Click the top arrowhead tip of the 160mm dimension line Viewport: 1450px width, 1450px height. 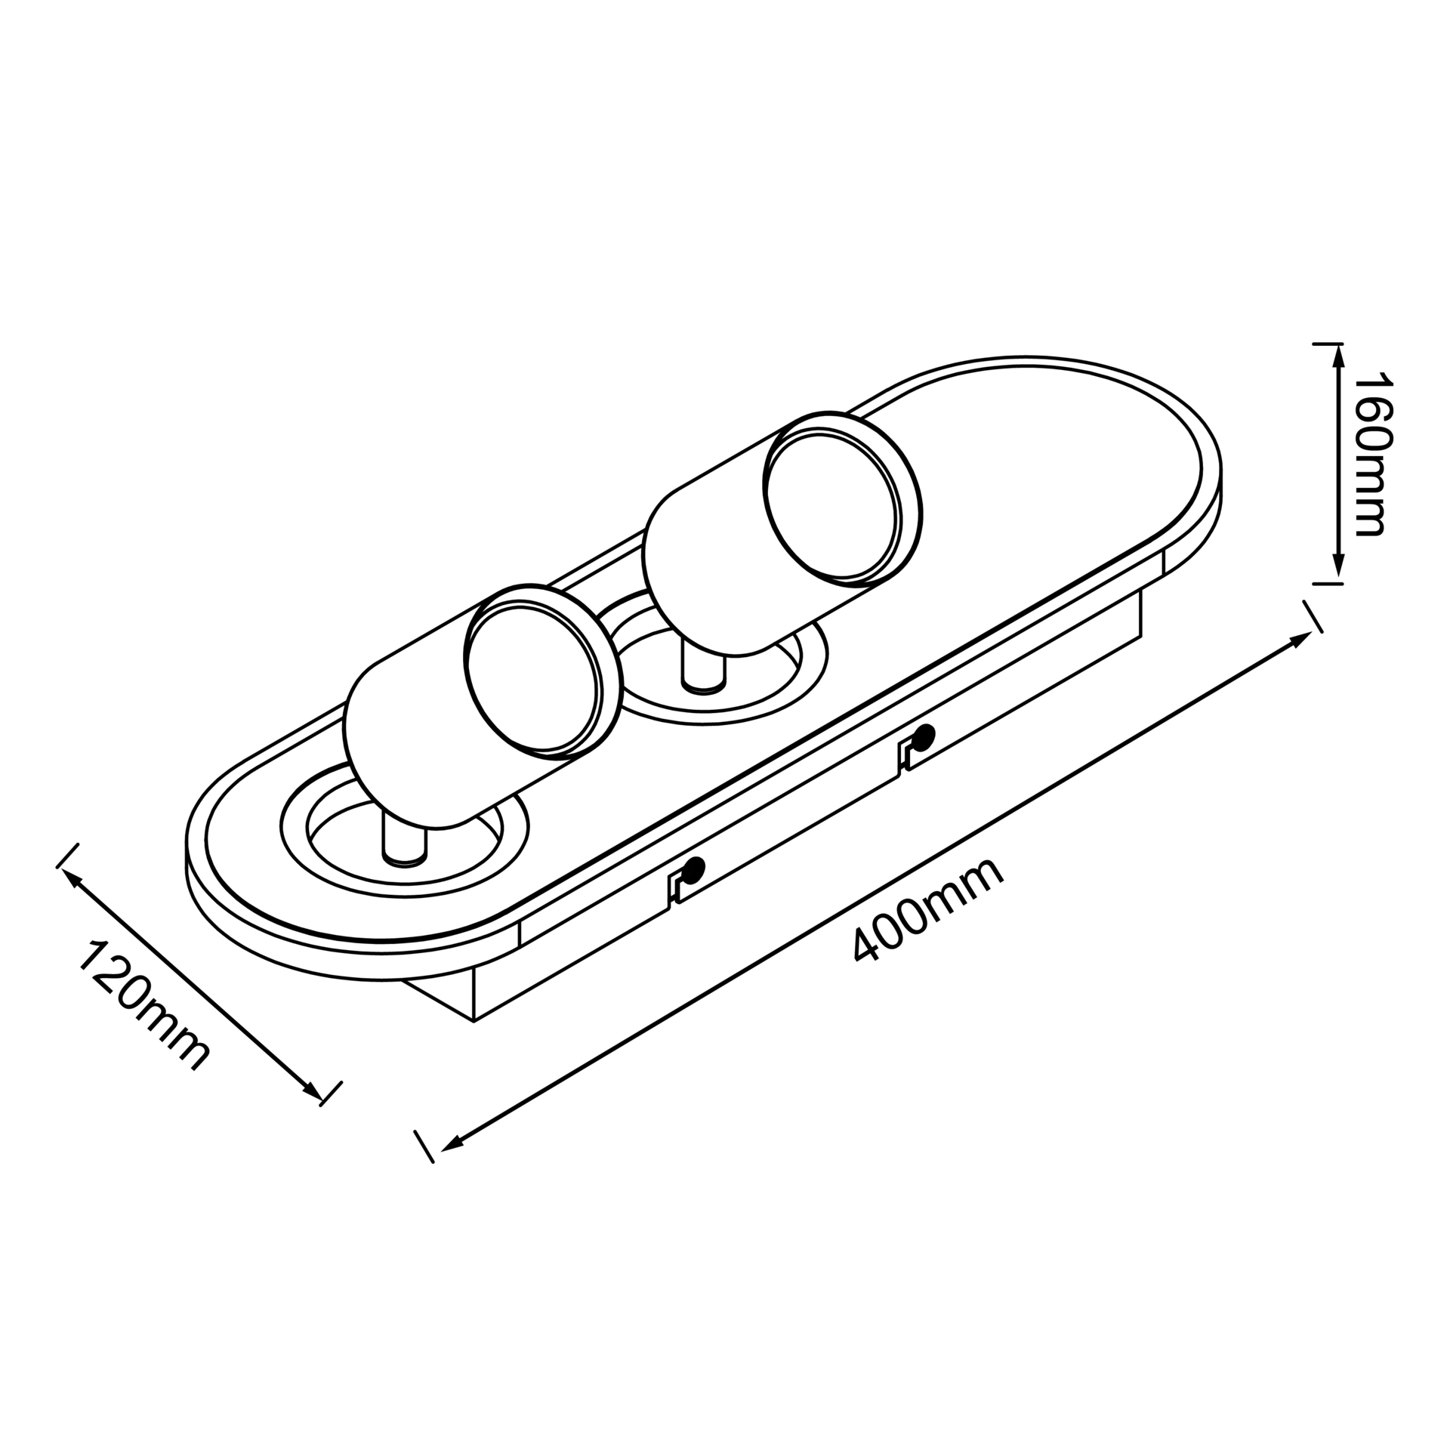click(x=1338, y=346)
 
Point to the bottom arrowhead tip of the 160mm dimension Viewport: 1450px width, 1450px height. click(x=1338, y=582)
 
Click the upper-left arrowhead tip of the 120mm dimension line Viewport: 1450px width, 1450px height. click(x=61, y=869)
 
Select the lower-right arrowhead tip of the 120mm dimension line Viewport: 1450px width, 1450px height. click(x=320, y=1099)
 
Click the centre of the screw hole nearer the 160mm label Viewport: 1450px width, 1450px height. click(x=924, y=734)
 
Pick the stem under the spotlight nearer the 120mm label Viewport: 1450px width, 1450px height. click(x=405, y=838)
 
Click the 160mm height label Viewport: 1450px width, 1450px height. click(x=1370, y=453)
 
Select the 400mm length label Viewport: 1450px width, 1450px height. click(x=928, y=910)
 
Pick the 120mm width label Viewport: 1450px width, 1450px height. click(x=143, y=1005)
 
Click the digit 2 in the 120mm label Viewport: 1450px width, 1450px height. click(x=113, y=975)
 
